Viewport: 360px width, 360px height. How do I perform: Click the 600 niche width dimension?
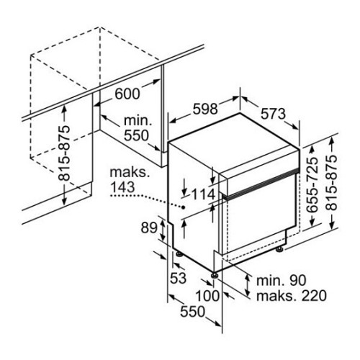[x=127, y=94]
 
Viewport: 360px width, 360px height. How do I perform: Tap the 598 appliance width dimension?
[x=205, y=109]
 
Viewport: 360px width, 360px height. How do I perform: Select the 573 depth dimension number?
[x=273, y=114]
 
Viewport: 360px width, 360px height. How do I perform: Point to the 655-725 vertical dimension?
[x=312, y=185]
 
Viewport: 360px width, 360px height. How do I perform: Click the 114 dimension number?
[x=204, y=194]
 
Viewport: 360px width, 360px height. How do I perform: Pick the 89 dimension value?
[x=149, y=228]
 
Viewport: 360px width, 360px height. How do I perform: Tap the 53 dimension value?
[x=179, y=278]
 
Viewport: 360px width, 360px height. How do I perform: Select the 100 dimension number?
[x=207, y=296]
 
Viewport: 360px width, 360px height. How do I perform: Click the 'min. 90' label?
[x=282, y=280]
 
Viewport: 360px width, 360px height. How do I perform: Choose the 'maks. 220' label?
[x=292, y=295]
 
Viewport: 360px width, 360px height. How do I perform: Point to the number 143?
[x=122, y=187]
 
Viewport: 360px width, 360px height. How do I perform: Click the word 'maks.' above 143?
[x=130, y=172]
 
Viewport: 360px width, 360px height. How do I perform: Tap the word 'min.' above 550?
[x=138, y=120]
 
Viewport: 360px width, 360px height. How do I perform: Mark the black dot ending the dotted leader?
[x=184, y=207]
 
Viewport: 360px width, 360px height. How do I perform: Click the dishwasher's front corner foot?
[x=215, y=275]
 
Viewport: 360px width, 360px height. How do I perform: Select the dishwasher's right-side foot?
[x=280, y=249]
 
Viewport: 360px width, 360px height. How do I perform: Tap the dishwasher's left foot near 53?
[x=179, y=254]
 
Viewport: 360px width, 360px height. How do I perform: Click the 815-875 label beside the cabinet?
[x=64, y=153]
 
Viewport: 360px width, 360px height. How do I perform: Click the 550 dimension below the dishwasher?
[x=193, y=312]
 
